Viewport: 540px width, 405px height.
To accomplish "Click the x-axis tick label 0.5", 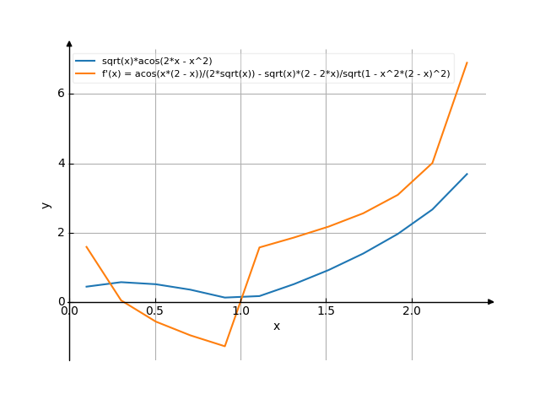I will (154, 310).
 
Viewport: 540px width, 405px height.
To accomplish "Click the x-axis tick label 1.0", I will (240, 310).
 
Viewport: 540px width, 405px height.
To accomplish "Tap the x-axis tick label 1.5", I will (326, 310).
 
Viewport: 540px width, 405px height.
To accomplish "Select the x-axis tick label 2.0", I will (412, 310).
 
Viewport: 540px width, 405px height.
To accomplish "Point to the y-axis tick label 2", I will (61, 233).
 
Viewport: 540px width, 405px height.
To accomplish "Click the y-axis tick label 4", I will (61, 164).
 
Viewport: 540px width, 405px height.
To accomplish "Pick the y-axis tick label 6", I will (61, 94).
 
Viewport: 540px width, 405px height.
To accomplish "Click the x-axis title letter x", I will (276, 326).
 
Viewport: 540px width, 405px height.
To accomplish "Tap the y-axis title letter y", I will (46, 204).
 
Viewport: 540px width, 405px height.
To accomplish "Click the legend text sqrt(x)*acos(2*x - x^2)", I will (156, 61).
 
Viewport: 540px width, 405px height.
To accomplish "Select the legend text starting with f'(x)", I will (275, 73).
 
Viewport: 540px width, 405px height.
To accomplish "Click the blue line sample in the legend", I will (85, 61).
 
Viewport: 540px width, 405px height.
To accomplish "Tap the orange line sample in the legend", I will (85, 73).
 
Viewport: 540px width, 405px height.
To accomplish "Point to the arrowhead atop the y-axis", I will (69, 41).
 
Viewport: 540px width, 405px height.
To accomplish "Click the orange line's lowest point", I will (224, 346).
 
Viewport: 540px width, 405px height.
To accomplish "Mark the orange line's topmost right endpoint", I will (467, 62).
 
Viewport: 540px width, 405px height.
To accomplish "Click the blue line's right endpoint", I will (467, 174).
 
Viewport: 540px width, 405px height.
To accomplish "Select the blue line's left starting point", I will (86, 286).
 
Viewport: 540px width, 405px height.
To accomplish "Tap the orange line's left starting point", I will (86, 246).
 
